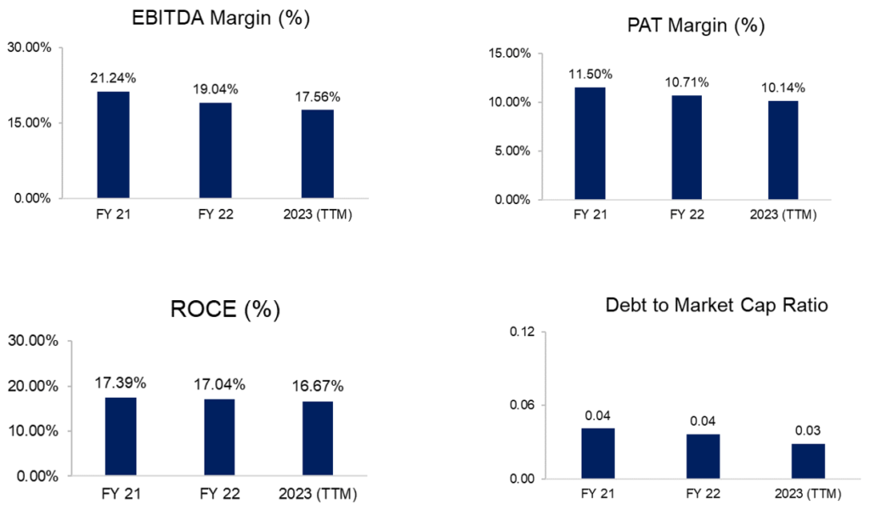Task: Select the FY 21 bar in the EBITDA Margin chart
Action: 113,145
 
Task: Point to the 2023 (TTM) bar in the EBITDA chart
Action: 316,154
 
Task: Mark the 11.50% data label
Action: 590,74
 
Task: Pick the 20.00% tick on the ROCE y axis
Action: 33,386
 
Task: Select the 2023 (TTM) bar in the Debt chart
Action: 809,461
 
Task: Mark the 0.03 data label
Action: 809,430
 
